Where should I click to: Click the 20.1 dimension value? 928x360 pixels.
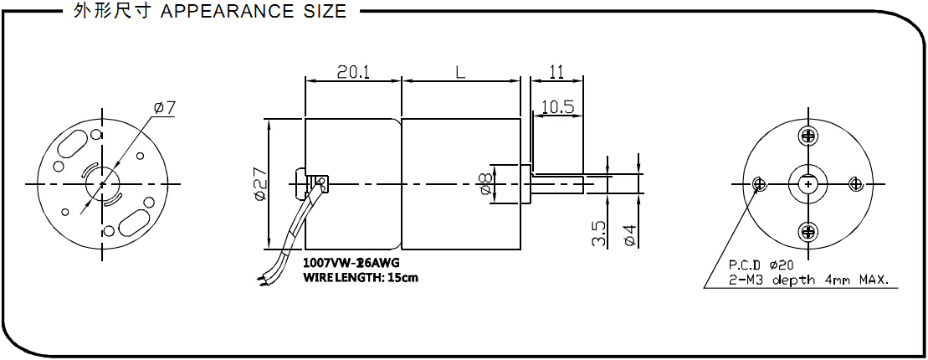click(x=353, y=72)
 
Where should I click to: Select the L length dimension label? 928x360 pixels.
click(x=460, y=72)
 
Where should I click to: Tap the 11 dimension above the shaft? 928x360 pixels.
click(x=556, y=72)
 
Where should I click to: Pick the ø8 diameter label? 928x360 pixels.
click(x=485, y=184)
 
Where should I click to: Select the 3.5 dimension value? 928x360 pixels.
click(x=598, y=234)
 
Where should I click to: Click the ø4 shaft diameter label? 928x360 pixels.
click(x=630, y=234)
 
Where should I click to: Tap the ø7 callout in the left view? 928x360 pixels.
click(x=165, y=108)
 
